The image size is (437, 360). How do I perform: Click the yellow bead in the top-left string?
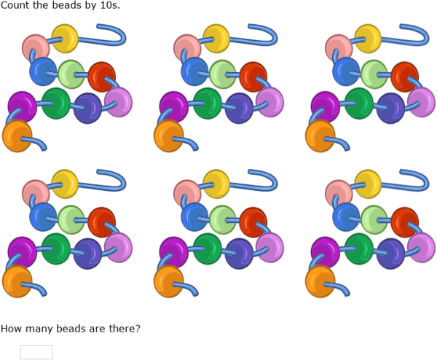pos(65,39)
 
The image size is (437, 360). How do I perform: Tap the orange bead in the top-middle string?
pos(169,136)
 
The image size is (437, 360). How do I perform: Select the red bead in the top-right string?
pos(404,77)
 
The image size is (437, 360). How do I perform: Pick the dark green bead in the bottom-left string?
pos(56,249)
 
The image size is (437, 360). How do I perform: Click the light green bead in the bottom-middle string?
pos(223,220)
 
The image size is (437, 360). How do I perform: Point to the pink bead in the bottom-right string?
pos(339,194)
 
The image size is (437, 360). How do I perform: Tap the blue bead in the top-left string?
pos(43,71)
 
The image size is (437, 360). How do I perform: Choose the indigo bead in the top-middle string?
pos(239,108)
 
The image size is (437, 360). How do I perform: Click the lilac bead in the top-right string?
pos(422,102)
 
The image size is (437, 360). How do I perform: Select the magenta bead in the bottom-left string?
pos(22,252)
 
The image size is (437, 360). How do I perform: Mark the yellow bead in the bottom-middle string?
pos(216,184)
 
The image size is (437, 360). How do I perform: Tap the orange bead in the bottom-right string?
pos(320,281)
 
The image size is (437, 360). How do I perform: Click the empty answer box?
pos(36,352)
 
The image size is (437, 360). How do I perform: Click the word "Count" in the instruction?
pos(15,5)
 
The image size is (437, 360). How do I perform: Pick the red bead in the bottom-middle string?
pos(253,222)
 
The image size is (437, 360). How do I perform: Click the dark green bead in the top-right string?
pos(359,103)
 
